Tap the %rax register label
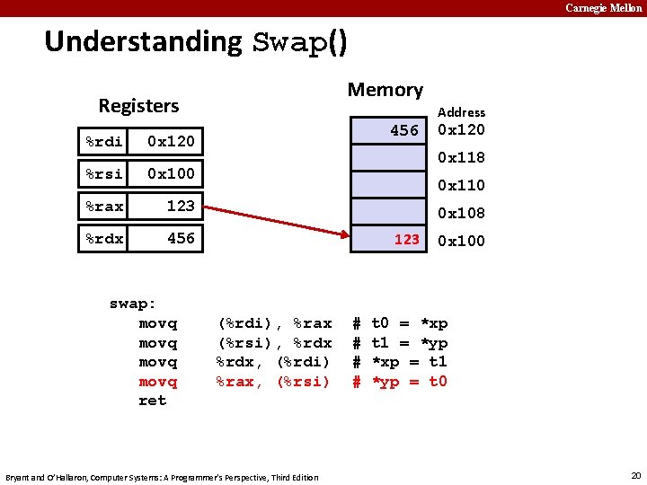(x=104, y=206)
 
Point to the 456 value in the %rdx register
(x=181, y=238)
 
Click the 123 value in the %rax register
(x=181, y=206)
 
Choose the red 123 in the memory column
(x=407, y=240)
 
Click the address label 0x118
(x=461, y=158)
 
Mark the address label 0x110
(x=461, y=186)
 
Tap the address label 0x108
(x=461, y=214)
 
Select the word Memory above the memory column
(x=385, y=90)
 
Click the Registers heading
(x=138, y=106)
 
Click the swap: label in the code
(x=132, y=304)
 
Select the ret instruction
(x=152, y=401)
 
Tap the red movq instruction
(x=158, y=382)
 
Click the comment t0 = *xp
(x=409, y=323)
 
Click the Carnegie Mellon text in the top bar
(x=603, y=8)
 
